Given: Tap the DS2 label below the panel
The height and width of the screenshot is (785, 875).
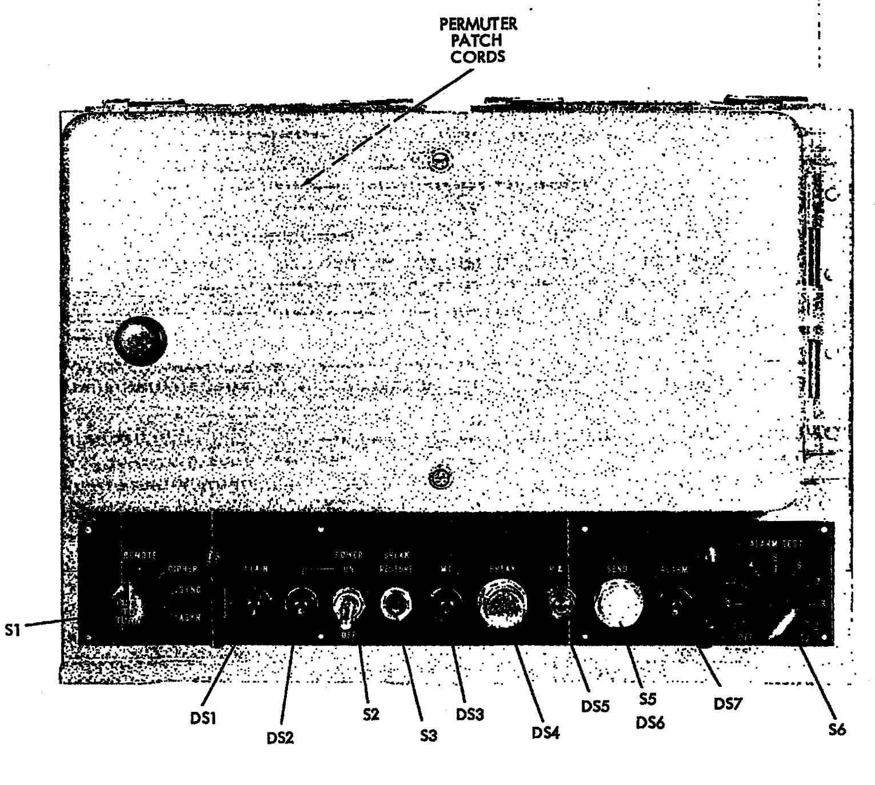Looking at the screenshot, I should coord(280,738).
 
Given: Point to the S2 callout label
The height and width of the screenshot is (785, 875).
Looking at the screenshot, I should coord(370,715).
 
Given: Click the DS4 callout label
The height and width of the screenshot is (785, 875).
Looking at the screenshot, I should coord(545,733).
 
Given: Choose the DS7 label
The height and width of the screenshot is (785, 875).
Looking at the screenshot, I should coord(728,704).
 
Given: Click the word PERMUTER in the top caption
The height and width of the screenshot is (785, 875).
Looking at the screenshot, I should coord(478,25).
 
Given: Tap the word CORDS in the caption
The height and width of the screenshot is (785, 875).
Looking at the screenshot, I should coord(478,57).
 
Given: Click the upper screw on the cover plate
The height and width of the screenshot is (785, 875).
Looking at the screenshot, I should coord(439,162).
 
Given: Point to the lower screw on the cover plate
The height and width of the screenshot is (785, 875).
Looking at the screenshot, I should coord(439,477).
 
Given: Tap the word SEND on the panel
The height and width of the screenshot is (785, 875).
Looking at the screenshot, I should coord(617,569).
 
